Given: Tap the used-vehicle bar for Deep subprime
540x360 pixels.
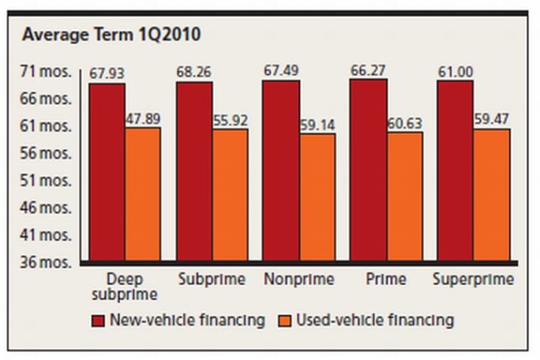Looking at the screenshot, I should [143, 193].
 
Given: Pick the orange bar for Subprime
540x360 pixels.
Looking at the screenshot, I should [230, 194].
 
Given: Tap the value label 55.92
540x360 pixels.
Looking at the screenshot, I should [230, 120].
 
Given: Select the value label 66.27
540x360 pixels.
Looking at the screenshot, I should [368, 71].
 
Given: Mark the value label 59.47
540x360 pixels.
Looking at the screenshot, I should [492, 120].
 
